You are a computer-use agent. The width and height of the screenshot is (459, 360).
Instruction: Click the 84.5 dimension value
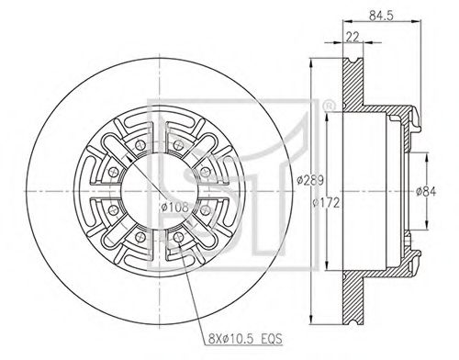tap(381, 15)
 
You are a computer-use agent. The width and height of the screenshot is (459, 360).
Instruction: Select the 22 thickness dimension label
tap(353, 37)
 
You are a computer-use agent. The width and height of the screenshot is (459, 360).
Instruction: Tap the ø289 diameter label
tap(310, 180)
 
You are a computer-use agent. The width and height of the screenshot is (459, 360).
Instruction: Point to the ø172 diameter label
tap(326, 203)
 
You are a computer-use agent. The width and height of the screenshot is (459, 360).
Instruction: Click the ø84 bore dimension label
tap(426, 192)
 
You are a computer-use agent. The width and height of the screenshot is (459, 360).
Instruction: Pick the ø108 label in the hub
tap(174, 208)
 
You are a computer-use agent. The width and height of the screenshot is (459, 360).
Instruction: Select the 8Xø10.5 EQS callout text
tap(245, 339)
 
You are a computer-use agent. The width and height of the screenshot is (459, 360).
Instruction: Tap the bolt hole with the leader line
tap(178, 237)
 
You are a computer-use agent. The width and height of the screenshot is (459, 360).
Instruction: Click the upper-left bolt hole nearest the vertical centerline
tap(140, 145)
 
